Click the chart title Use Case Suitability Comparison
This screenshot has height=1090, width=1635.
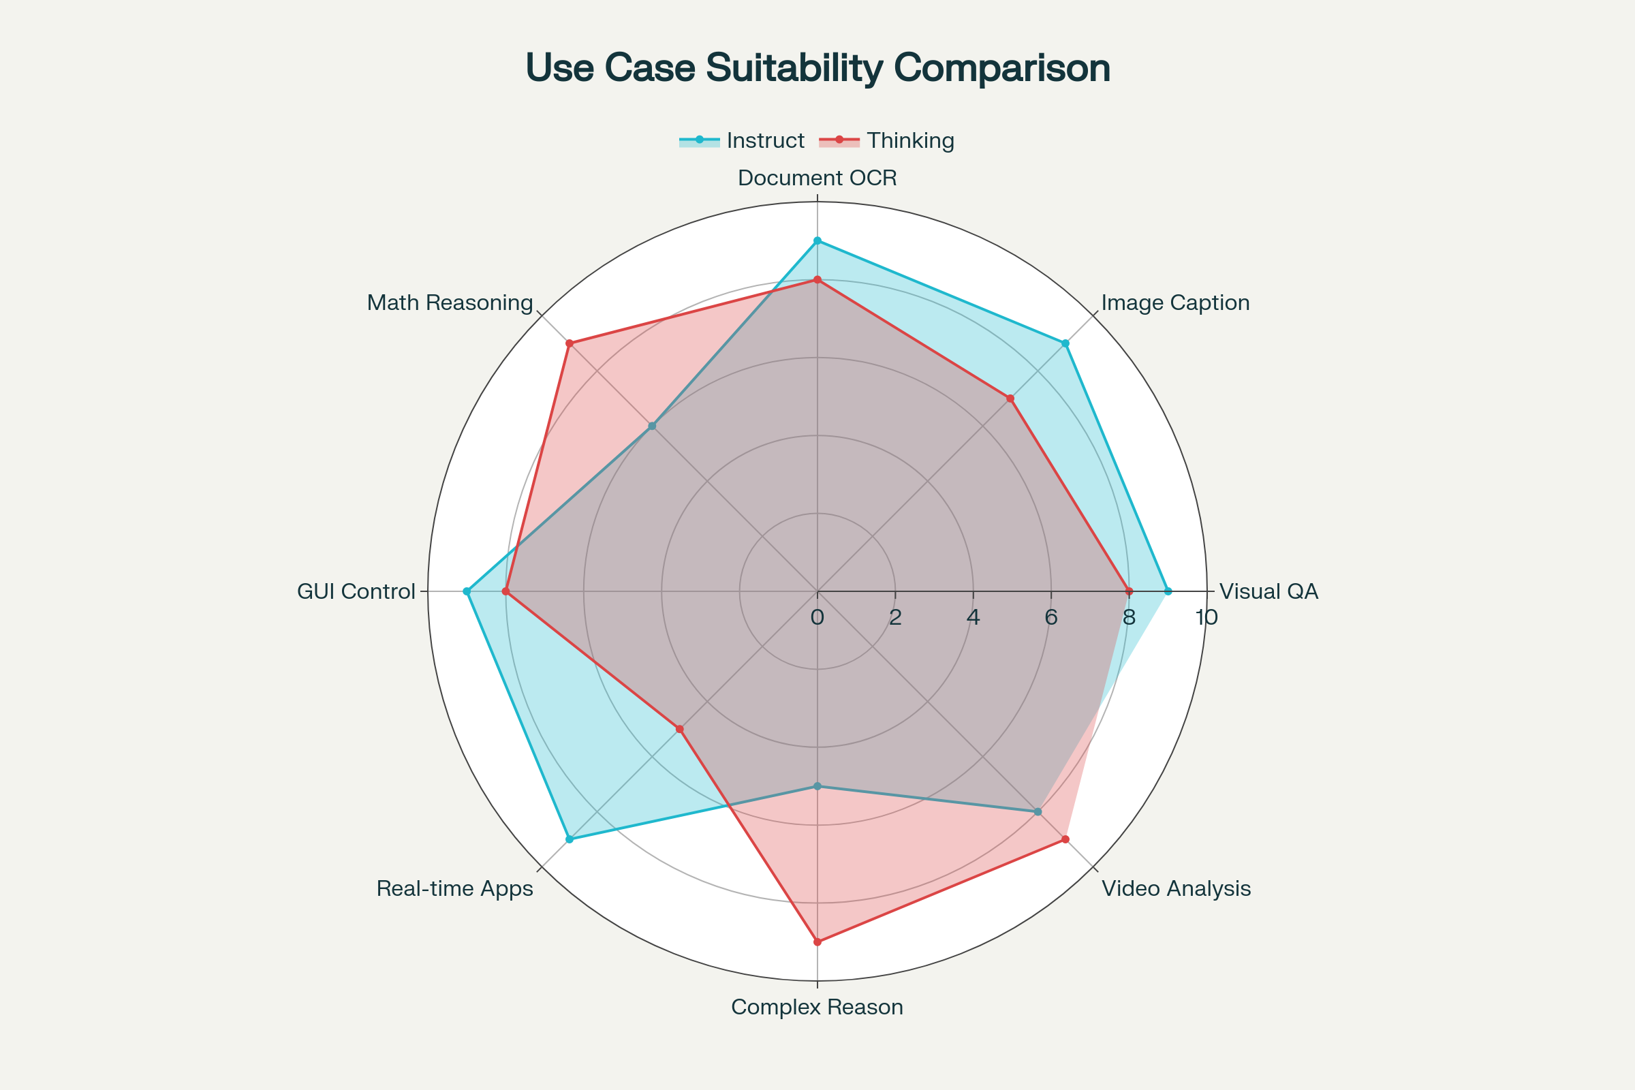click(817, 68)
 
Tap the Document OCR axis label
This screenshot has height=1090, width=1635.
click(817, 178)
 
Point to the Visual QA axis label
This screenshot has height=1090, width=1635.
click(1268, 591)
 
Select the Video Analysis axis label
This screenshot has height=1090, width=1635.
click(1177, 888)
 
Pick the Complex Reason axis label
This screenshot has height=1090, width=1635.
click(817, 1007)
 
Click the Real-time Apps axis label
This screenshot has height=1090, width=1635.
click(454, 888)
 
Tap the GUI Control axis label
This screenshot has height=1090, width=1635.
click(356, 591)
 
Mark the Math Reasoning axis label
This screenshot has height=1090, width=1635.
click(450, 302)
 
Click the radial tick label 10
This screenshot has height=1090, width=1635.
click(1206, 617)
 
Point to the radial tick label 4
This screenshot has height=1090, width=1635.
click(974, 617)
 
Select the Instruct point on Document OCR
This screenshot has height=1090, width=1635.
click(817, 241)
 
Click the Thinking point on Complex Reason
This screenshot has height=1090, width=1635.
click(817, 942)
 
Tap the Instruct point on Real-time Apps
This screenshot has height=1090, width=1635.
click(570, 840)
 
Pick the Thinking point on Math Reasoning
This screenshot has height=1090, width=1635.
click(570, 343)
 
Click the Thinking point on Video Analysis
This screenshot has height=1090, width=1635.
click(1065, 840)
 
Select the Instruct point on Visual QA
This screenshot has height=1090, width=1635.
click(1168, 591)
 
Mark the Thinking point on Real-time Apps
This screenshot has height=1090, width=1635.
click(680, 729)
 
